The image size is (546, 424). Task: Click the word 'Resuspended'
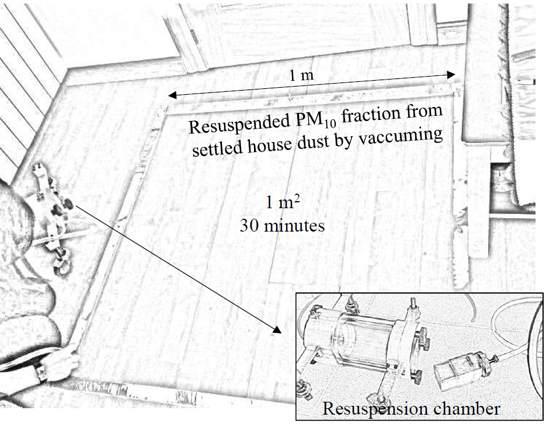click(x=237, y=125)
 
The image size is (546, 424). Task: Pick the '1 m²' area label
click(x=282, y=204)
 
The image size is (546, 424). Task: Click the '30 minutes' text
click(x=281, y=225)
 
